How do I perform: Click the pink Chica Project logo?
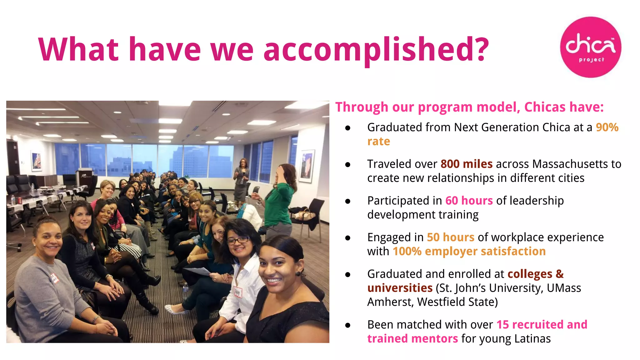click(x=590, y=47)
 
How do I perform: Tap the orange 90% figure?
click(x=607, y=127)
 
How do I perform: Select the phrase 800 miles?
click(x=466, y=164)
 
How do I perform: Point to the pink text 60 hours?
click(x=469, y=201)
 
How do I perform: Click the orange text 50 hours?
click(x=450, y=237)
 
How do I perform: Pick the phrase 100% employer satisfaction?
click(x=469, y=251)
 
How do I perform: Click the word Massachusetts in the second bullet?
click(x=567, y=164)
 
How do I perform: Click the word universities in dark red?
click(x=400, y=288)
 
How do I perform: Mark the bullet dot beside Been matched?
click(x=347, y=325)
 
